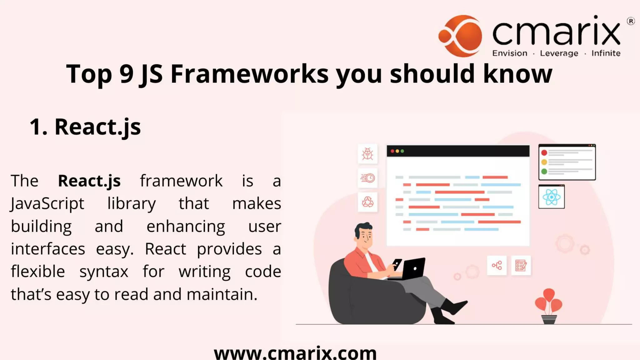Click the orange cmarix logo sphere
(460, 36)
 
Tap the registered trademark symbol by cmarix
(631, 21)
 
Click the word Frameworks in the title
(249, 74)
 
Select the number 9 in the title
(126, 74)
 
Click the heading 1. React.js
(85, 127)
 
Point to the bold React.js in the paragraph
(89, 181)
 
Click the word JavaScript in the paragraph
(47, 204)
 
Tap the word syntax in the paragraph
(104, 272)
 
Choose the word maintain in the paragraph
(222, 294)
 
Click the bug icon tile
(367, 154)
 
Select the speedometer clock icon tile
(367, 178)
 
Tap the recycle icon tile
(367, 202)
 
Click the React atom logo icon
(552, 197)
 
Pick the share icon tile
(497, 266)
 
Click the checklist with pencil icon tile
(521, 266)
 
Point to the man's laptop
(412, 269)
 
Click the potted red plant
(549, 306)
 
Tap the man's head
(364, 234)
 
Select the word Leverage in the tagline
(559, 53)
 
